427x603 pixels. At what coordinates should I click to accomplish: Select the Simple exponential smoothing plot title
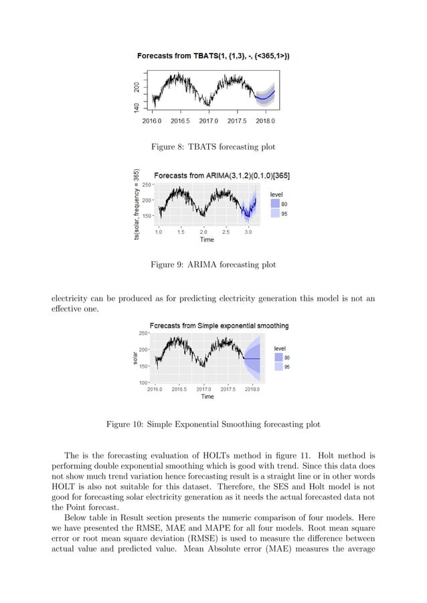click(x=219, y=326)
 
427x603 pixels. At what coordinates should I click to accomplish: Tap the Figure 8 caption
click(x=213, y=146)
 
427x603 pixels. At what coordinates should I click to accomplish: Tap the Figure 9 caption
click(x=213, y=265)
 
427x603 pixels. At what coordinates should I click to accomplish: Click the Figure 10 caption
click(x=213, y=424)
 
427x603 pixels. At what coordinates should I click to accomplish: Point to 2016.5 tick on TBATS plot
click(x=179, y=121)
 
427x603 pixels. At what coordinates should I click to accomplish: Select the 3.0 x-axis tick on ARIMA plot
click(x=248, y=232)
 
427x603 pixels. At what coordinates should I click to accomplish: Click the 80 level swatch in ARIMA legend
click(x=274, y=204)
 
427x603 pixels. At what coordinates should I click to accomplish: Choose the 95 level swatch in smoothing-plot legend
click(x=277, y=366)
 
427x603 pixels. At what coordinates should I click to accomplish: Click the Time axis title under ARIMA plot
click(x=207, y=239)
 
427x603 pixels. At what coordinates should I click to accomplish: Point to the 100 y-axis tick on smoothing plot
click(x=145, y=382)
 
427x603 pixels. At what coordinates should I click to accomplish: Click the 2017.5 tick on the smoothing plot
click(x=228, y=388)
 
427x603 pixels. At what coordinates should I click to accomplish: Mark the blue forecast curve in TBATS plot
click(x=264, y=98)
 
